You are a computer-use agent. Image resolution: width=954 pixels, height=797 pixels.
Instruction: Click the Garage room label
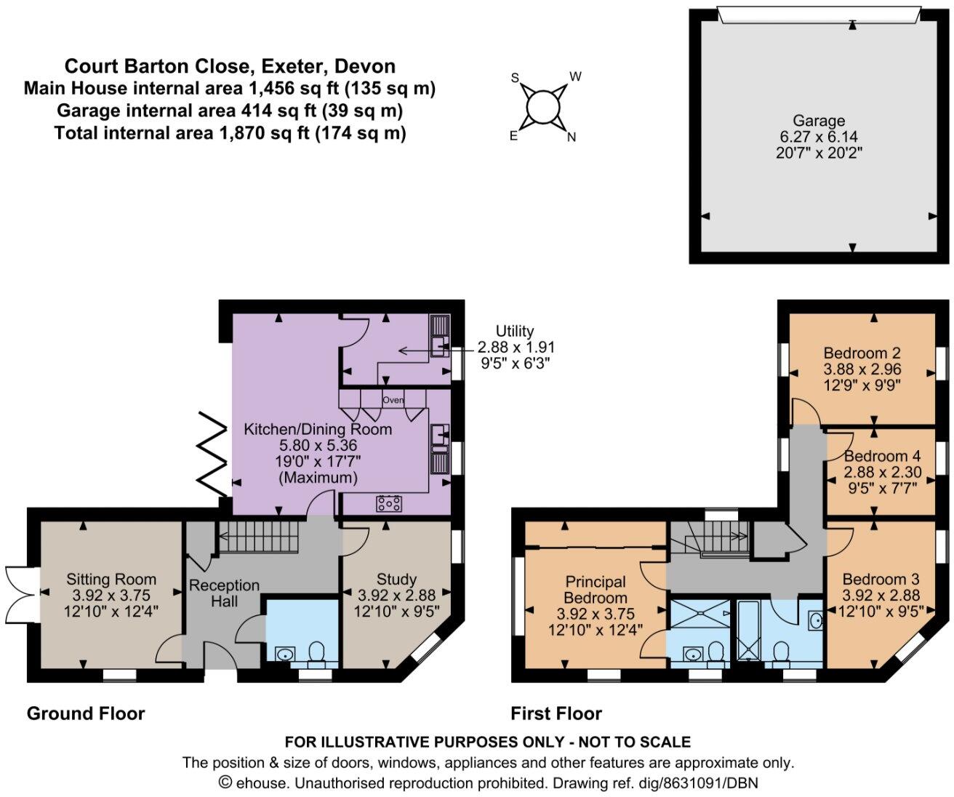(x=819, y=121)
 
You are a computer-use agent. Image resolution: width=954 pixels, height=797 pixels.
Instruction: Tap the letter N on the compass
(x=571, y=137)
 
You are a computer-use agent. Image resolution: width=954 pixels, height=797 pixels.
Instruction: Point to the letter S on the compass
(x=515, y=78)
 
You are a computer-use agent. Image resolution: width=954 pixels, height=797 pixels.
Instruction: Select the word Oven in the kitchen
(x=393, y=400)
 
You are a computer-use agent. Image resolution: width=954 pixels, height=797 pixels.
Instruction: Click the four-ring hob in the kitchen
(x=389, y=503)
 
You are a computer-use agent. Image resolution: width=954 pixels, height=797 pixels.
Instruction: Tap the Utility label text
(x=515, y=331)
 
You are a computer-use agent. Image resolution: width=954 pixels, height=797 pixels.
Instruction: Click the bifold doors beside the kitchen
(x=212, y=454)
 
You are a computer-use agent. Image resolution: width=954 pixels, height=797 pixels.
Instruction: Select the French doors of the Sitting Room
(x=20, y=595)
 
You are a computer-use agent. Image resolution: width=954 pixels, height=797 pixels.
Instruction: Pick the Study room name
(x=396, y=579)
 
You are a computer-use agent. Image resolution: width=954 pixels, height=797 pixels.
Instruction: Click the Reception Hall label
(x=225, y=593)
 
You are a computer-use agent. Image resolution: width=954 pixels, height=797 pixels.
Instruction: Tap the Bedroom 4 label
(x=882, y=456)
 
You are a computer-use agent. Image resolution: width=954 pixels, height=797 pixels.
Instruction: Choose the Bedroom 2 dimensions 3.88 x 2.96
(x=862, y=369)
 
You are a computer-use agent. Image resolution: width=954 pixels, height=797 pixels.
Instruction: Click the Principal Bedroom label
(x=596, y=590)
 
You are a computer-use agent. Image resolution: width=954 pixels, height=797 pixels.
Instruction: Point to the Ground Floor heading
(x=86, y=713)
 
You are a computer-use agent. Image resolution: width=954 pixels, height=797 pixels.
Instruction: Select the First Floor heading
(x=556, y=713)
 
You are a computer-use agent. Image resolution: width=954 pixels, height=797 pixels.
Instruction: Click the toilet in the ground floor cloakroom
(x=316, y=652)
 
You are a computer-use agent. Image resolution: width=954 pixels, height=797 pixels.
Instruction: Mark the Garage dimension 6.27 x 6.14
(x=819, y=136)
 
